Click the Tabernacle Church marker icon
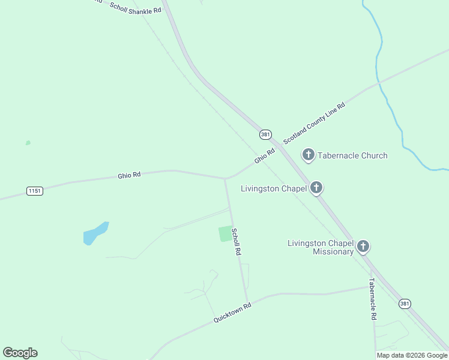click(x=308, y=155)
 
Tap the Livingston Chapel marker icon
click(x=316, y=188)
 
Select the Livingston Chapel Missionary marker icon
click(x=363, y=246)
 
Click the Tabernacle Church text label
click(x=352, y=155)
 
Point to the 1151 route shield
click(x=35, y=191)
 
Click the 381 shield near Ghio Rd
click(x=265, y=134)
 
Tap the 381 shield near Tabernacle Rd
click(x=405, y=304)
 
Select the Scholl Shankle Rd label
click(x=136, y=7)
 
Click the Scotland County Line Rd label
click(x=314, y=123)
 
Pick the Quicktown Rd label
click(x=232, y=313)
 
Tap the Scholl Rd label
click(x=237, y=242)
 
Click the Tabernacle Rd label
click(x=373, y=299)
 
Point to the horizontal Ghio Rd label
click(x=129, y=175)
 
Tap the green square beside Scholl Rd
click(x=225, y=233)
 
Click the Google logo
click(x=20, y=353)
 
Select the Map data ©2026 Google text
click(x=412, y=355)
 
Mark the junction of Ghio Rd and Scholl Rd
click(x=225, y=178)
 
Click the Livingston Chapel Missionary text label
click(x=321, y=247)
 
